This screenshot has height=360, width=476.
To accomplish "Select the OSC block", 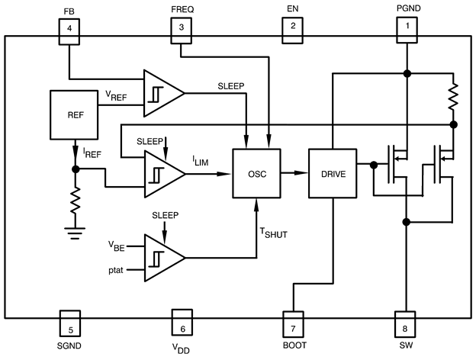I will tap(256, 173).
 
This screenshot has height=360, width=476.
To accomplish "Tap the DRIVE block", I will tap(333, 173).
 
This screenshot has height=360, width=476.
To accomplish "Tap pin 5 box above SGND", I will tap(69, 321).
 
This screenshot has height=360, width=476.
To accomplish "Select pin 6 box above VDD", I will tap(181, 321).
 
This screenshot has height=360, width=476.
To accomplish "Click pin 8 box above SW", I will tap(406, 321).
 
